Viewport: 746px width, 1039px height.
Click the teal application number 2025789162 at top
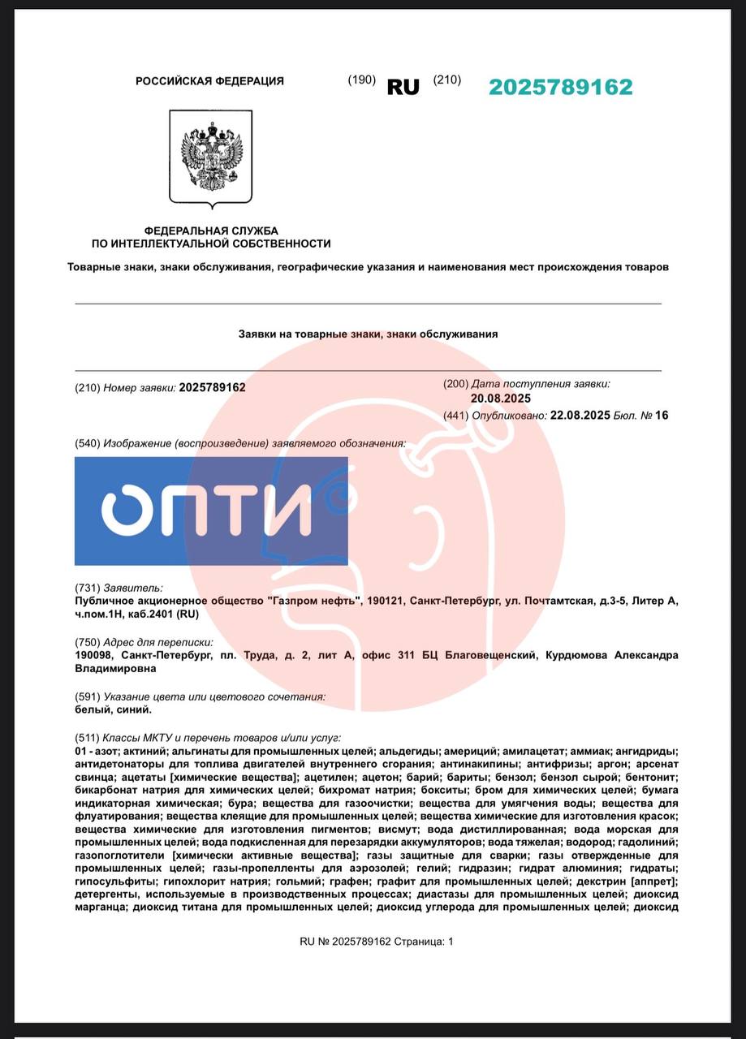click(560, 88)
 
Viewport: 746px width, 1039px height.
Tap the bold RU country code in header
click(403, 88)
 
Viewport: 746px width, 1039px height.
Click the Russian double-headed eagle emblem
click(210, 157)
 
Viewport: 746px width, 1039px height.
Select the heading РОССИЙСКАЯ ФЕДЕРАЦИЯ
click(209, 81)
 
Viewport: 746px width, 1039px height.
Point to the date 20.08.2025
click(500, 399)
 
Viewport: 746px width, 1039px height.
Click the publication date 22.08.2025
click(580, 416)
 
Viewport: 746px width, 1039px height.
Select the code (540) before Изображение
click(87, 443)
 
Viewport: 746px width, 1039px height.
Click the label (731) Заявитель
click(119, 588)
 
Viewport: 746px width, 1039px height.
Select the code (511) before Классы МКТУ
click(87, 738)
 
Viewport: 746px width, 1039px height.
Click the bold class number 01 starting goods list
click(80, 751)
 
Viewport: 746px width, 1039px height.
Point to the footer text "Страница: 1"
click(424, 942)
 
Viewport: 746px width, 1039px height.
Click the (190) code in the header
click(361, 80)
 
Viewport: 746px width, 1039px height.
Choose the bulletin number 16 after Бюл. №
click(662, 416)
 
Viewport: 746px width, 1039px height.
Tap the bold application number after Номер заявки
click(212, 388)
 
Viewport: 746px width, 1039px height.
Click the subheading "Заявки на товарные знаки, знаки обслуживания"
click(368, 334)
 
